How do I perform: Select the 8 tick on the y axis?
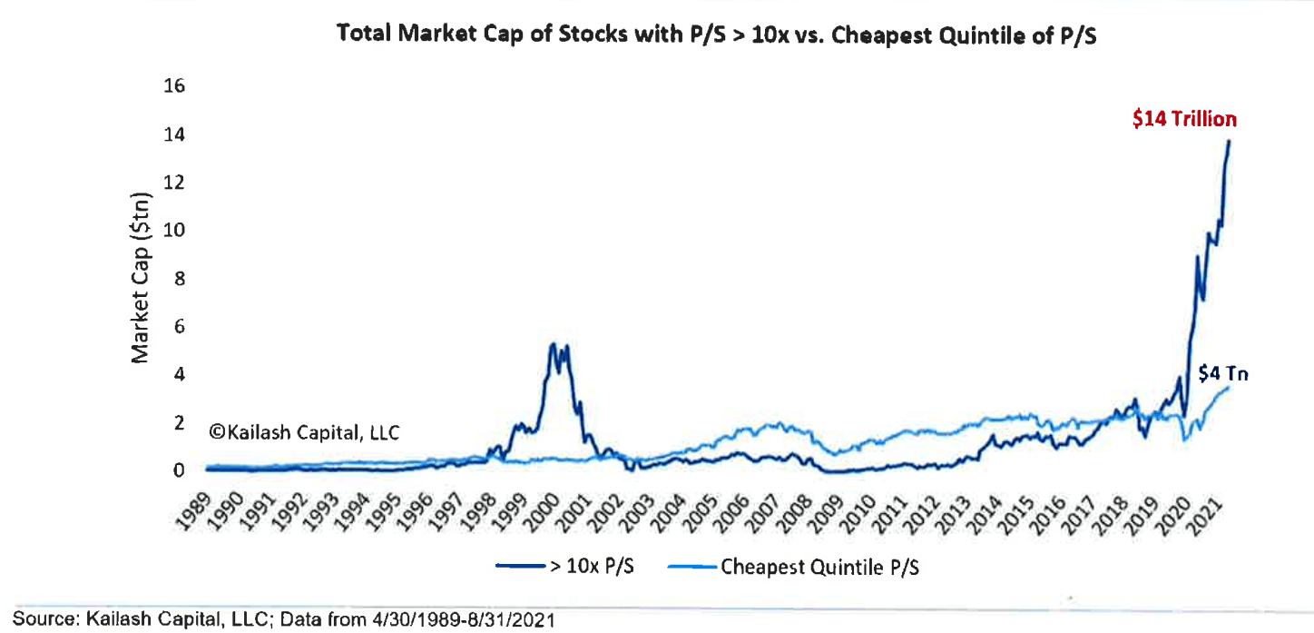179,279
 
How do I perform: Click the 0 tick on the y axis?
179,470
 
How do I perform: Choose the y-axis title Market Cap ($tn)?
141,279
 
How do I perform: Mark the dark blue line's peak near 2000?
551,344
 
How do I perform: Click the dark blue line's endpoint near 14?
1230,141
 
